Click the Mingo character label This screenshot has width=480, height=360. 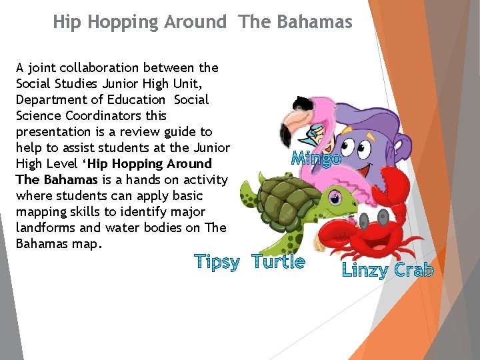tap(316, 159)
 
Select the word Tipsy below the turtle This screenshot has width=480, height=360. tap(217, 262)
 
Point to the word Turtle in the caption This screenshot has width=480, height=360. tap(279, 262)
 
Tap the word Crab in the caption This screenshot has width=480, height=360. tap(414, 270)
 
